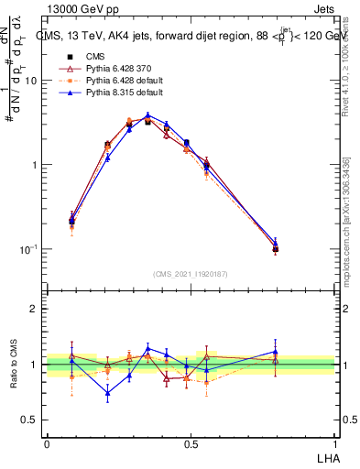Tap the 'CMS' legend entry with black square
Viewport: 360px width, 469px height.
(x=82, y=56)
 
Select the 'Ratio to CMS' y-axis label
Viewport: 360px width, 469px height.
(x=13, y=365)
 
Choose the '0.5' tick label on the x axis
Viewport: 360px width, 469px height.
(x=191, y=441)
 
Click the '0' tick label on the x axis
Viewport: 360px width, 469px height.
(x=47, y=441)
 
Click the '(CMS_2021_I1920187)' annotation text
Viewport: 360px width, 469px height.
(x=191, y=273)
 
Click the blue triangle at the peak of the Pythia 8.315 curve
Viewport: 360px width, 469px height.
(x=147, y=115)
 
